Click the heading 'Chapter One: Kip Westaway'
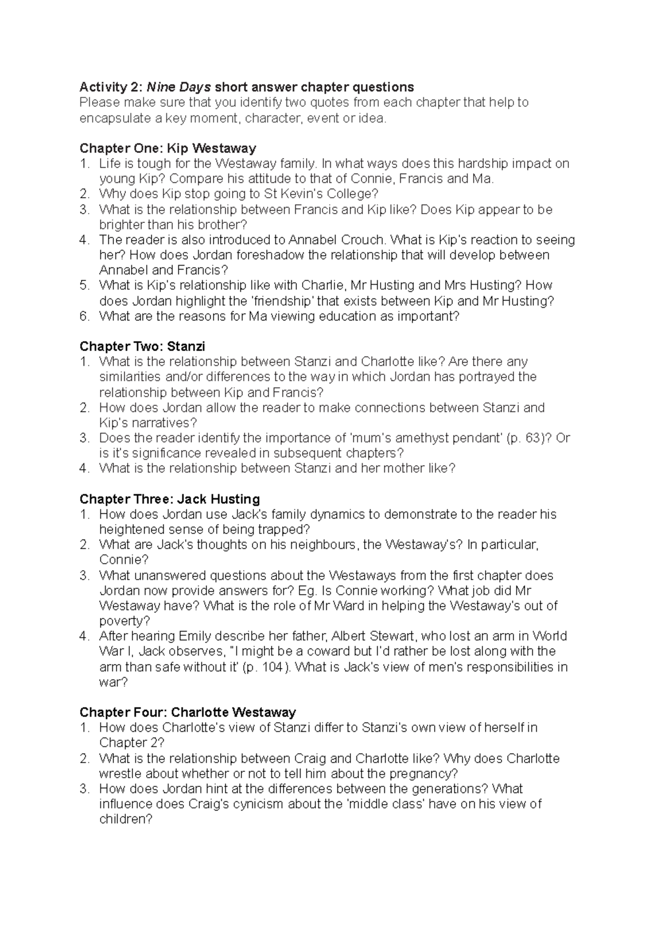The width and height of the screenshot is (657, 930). tap(168, 148)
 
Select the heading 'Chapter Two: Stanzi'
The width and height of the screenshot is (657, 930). tap(142, 346)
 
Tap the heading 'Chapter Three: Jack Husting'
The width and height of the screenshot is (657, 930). tap(170, 499)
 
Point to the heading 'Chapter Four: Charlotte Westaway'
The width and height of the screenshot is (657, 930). tap(187, 712)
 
